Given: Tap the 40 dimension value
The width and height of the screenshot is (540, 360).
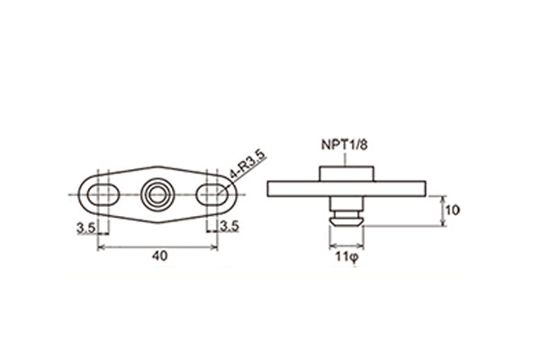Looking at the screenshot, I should point(158,256).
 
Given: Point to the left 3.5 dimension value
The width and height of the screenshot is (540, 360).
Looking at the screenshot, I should point(86,228).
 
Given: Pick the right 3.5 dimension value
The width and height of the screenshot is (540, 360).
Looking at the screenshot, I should point(229,228).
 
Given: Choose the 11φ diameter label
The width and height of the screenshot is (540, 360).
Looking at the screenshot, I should point(346,256).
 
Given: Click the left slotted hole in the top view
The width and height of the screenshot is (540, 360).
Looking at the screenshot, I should point(99,193).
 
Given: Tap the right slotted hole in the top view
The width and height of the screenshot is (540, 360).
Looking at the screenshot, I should point(214,193).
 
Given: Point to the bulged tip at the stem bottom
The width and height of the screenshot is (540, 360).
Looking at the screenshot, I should point(346,219).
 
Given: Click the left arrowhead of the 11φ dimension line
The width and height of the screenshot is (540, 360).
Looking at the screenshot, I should point(331,246).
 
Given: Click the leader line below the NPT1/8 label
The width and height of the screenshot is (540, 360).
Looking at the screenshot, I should point(346,157).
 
